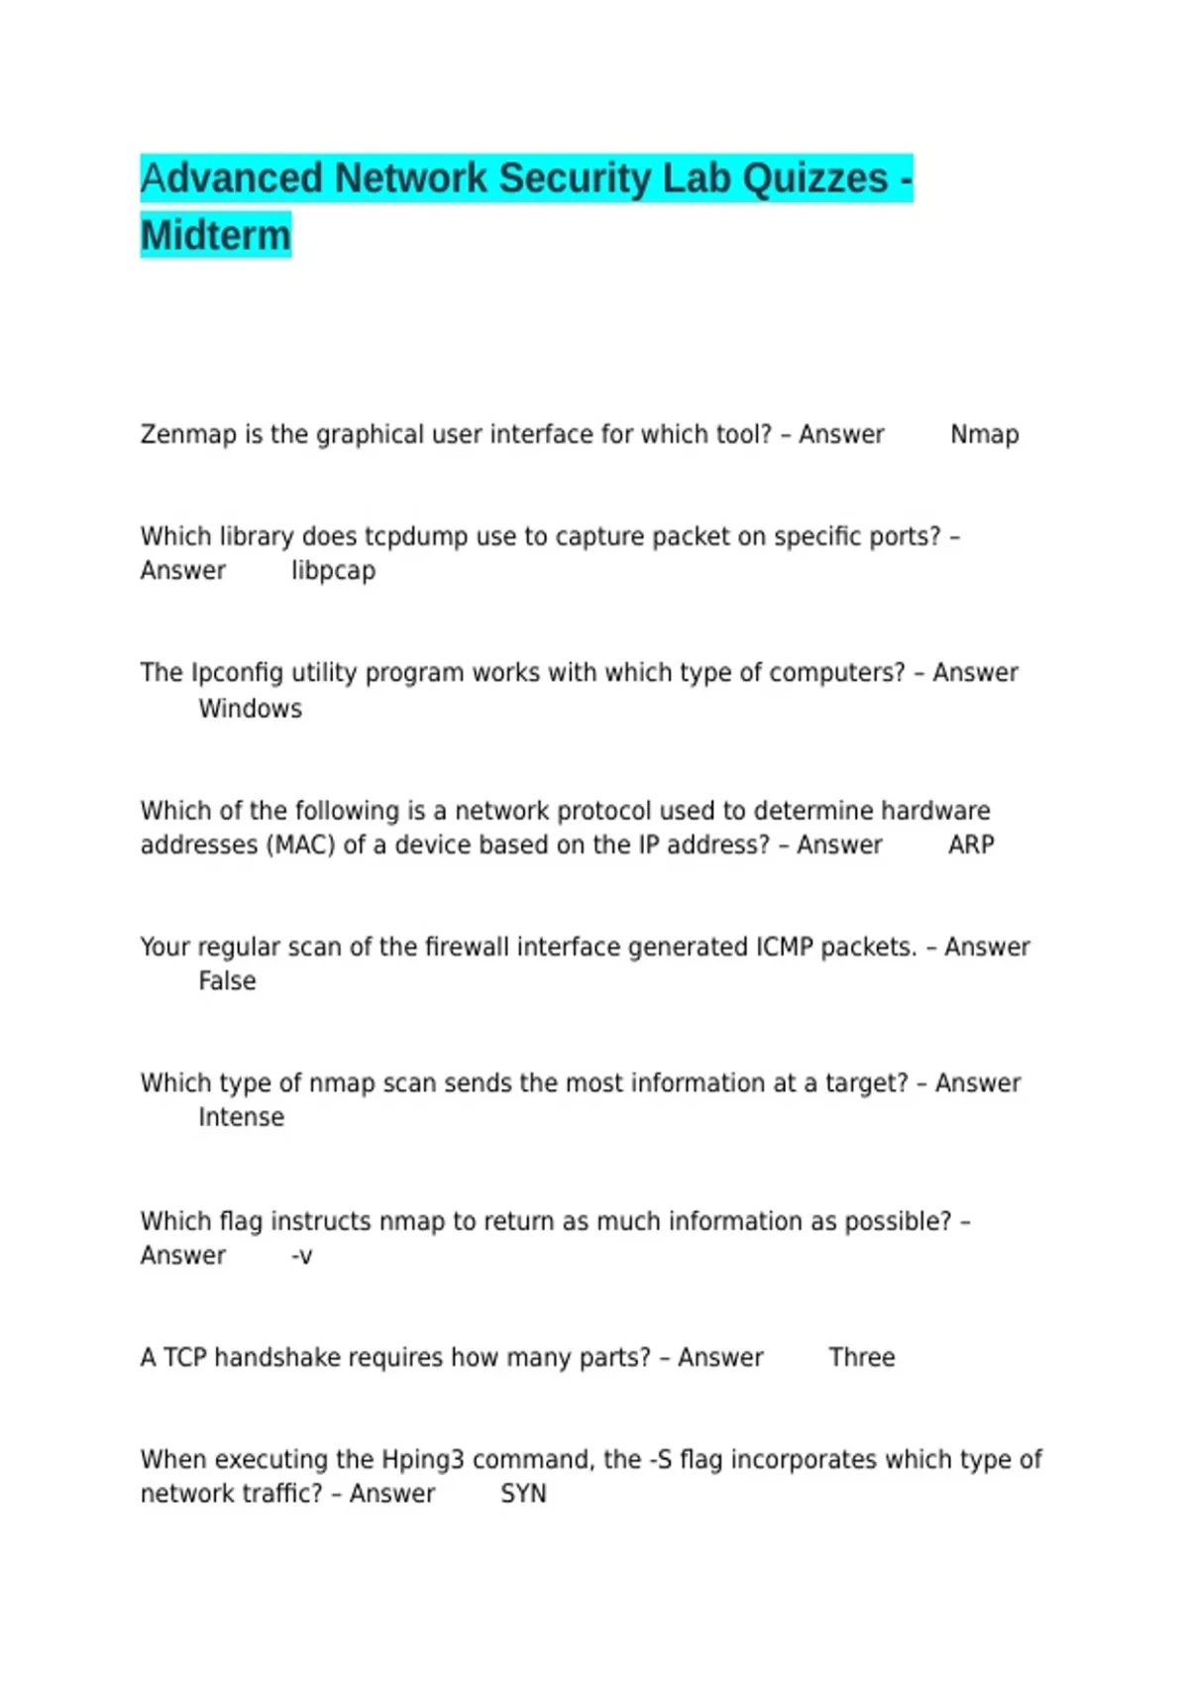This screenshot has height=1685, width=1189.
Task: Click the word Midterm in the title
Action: point(216,236)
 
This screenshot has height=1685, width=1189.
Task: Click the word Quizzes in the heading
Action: point(815,179)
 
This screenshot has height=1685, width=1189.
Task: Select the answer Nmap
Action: point(984,435)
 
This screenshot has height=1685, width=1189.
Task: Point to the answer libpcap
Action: point(333,572)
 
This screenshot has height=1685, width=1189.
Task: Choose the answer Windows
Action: point(250,709)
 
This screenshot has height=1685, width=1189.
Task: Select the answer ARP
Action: point(971,845)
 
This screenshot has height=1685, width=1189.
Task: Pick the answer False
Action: point(227,981)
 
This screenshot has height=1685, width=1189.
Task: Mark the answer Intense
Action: point(241,1117)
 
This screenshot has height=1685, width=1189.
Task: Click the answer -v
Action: point(301,1257)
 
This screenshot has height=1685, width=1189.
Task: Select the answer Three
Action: point(861,1358)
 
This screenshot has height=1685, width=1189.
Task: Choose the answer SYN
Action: point(523,1494)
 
